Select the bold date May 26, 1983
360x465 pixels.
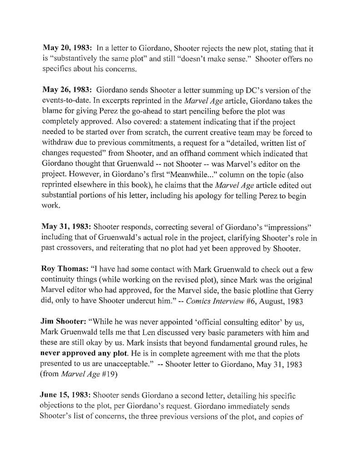click(x=67, y=90)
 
